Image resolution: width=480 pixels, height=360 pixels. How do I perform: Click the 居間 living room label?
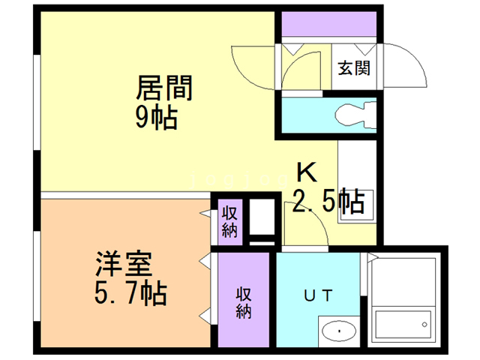(164, 88)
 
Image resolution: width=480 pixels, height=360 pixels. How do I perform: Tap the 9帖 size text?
(156, 117)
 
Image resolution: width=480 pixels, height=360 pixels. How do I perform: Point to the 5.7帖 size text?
(130, 292)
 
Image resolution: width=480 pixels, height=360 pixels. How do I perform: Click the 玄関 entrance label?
(353, 68)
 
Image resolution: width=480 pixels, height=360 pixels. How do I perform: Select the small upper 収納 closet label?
(229, 221)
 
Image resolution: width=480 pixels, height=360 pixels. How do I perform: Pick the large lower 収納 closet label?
(244, 301)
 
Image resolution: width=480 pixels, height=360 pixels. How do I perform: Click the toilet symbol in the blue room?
(355, 115)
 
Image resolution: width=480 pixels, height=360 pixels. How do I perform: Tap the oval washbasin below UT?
(340, 331)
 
